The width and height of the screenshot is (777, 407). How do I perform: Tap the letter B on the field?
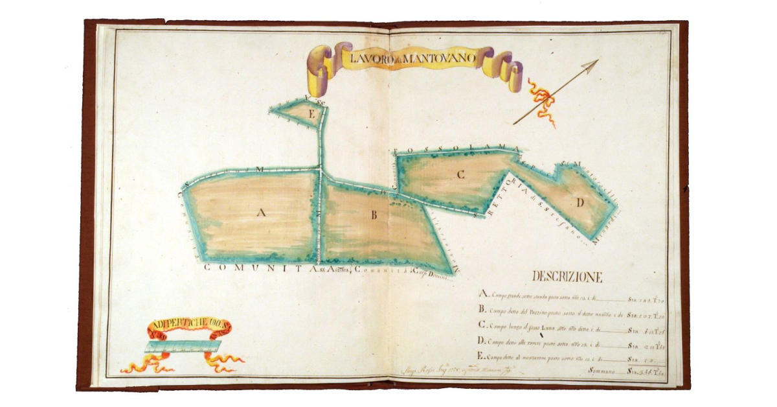tap(374, 216)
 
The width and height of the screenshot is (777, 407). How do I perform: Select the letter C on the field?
tap(460, 174)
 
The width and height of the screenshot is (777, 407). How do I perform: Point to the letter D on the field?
tap(580, 203)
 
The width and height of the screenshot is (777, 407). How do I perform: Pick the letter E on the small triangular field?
tap(312, 115)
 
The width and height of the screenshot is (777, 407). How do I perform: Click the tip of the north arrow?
tap(596, 62)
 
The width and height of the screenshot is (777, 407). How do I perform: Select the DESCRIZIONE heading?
tap(567, 277)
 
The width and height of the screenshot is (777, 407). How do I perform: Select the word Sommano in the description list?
tap(601, 371)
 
